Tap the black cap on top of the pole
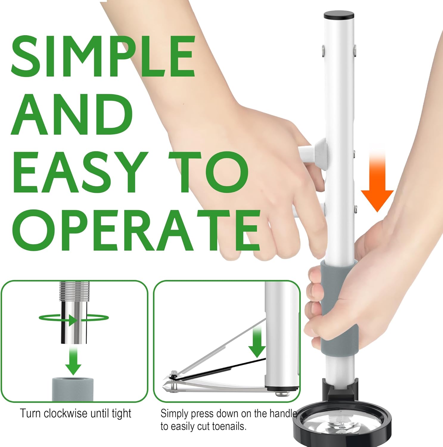coord(339,15)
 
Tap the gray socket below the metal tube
coord(73,389)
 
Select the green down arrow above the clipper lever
coord(257,343)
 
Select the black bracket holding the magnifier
coord(340,390)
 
